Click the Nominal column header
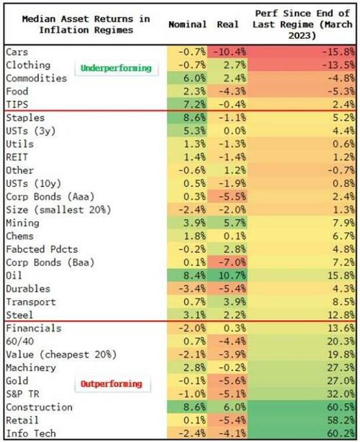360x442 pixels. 187,24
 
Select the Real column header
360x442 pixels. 228,24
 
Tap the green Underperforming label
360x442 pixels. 116,68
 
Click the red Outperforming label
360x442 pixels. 111,384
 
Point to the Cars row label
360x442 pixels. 17,52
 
